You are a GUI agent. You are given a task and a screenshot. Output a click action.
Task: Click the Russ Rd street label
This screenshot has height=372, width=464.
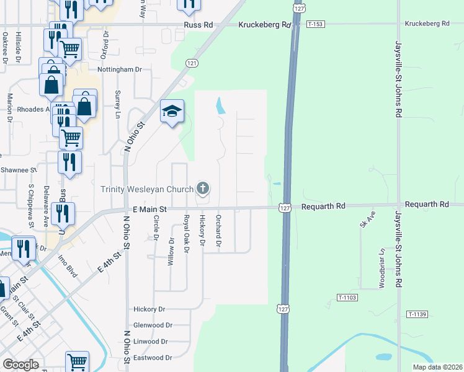[199, 25]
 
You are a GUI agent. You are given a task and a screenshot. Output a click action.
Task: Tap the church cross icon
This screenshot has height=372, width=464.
[202, 188]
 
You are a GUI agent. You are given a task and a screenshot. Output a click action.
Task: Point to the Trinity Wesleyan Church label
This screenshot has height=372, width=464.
[147, 189]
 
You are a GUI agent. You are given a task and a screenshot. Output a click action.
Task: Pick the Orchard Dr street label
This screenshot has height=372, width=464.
[218, 231]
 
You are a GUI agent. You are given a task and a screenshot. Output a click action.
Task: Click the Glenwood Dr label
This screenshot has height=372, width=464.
[153, 325]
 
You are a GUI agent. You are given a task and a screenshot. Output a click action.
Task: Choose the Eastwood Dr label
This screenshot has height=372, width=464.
[153, 358]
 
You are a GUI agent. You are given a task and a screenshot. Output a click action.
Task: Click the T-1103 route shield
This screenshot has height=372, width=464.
[347, 298]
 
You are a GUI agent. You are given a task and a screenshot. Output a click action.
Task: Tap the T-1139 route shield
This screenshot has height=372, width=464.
[417, 314]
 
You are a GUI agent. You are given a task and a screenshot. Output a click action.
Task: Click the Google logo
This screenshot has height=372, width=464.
[20, 365]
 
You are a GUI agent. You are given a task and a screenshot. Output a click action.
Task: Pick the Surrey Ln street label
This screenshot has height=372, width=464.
[117, 102]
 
